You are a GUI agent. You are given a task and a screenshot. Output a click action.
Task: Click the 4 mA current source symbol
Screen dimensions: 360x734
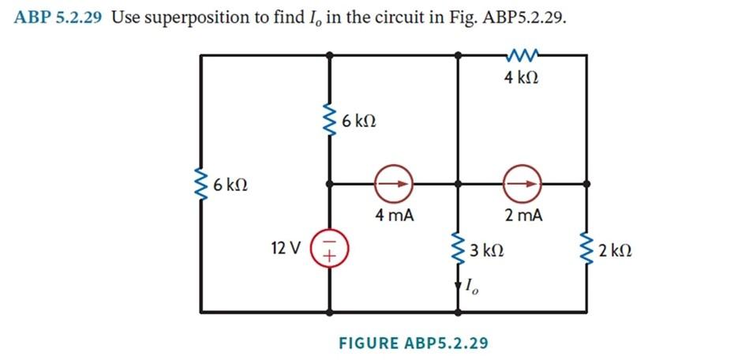click(x=394, y=183)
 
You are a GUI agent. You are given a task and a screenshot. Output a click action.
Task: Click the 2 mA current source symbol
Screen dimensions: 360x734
click(x=524, y=183)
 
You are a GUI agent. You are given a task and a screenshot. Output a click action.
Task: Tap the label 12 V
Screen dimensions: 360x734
click(x=285, y=248)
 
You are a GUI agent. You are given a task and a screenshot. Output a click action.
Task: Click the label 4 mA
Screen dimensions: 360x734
click(x=394, y=215)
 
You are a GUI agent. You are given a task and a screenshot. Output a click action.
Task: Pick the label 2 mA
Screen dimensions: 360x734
click(x=523, y=215)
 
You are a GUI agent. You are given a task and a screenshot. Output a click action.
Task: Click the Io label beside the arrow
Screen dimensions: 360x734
click(x=474, y=287)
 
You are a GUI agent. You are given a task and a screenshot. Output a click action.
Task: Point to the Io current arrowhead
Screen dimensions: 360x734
click(x=458, y=287)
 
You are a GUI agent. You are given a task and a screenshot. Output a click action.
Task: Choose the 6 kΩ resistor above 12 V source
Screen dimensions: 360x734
click(x=329, y=122)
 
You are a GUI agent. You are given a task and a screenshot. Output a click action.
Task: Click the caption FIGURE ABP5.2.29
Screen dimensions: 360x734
click(x=413, y=343)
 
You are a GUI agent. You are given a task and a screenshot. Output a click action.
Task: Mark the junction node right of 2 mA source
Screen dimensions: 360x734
click(x=587, y=183)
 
